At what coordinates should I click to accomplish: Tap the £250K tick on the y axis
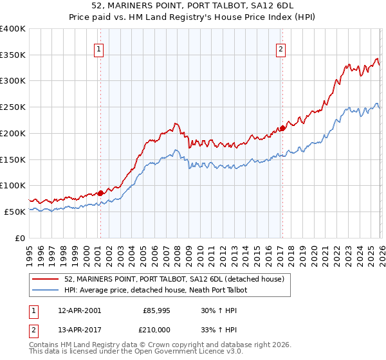[x=13, y=107]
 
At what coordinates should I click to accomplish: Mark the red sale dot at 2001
[x=100, y=192]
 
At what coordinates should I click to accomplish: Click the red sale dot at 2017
[x=282, y=128]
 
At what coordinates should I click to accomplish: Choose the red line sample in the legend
[x=45, y=279]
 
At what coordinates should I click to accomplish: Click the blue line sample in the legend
[x=45, y=290]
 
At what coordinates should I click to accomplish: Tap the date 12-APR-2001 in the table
[x=79, y=310]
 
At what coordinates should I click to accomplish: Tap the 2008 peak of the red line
[x=174, y=123]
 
